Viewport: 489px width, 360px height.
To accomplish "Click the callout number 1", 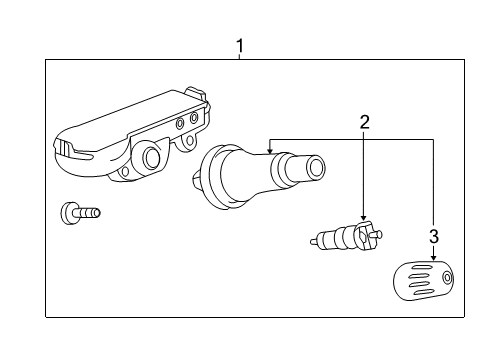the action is [x=240, y=45].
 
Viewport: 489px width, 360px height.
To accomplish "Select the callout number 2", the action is [x=365, y=122].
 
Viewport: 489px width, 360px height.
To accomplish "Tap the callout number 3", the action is [x=433, y=236].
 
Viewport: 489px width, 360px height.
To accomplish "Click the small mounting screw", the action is [x=80, y=211].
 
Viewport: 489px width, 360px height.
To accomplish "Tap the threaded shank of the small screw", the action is [x=90, y=211].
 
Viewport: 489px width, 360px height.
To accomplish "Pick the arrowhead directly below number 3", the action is [x=433, y=256].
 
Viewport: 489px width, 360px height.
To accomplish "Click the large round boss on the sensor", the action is [x=151, y=157].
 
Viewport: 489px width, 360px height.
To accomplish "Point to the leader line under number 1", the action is [x=240, y=57].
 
